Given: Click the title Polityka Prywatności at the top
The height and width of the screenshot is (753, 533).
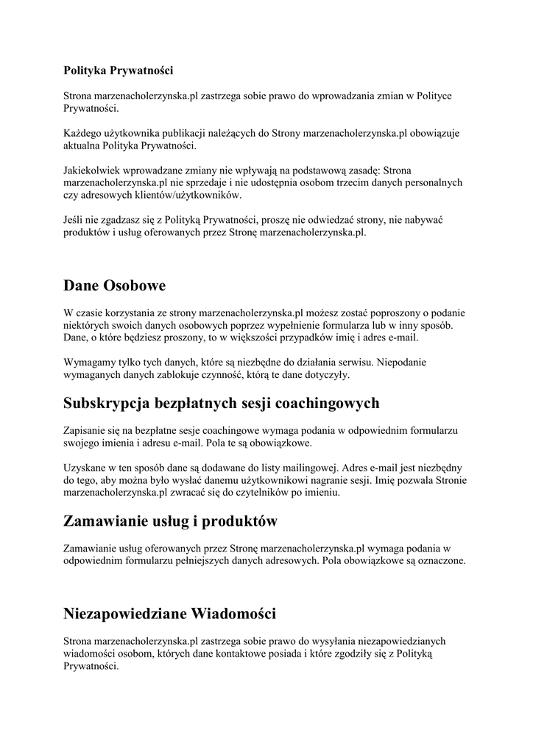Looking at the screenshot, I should coord(118,71).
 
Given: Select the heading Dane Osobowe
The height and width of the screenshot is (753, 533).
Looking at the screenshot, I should coord(114,285).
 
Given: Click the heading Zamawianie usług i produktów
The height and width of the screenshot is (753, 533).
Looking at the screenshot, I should coord(170,521).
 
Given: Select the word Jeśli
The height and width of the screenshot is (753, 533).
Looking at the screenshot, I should coord(74,220).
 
